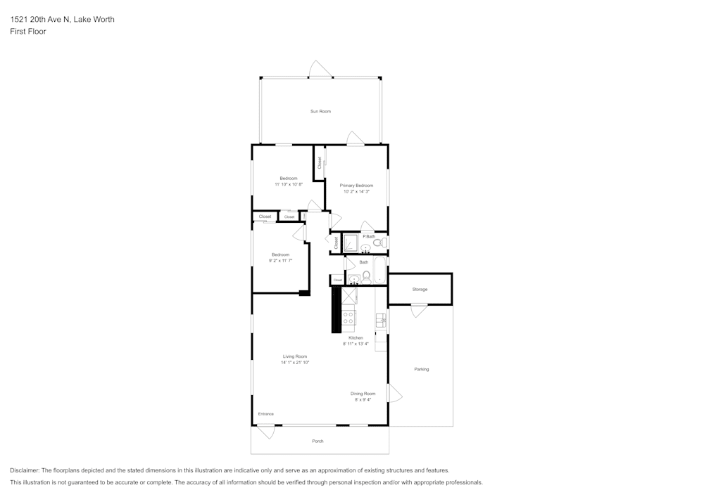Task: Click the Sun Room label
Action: [x=320, y=111]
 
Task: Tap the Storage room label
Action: [x=420, y=290]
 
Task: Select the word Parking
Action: [x=421, y=369]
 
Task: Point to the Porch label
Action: [x=318, y=441]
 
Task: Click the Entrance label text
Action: [x=265, y=414]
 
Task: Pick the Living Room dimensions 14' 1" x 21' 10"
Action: [x=295, y=363]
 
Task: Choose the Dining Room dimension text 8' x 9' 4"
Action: [x=363, y=400]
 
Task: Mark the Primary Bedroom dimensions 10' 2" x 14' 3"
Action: [x=356, y=191]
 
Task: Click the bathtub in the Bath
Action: [x=380, y=270]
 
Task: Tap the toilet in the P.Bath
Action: [x=379, y=243]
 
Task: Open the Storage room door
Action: [x=419, y=310]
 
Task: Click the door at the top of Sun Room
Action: [x=320, y=70]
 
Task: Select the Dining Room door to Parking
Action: [x=394, y=393]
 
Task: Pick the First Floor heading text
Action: [x=28, y=32]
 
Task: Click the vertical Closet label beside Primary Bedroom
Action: [x=320, y=162]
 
